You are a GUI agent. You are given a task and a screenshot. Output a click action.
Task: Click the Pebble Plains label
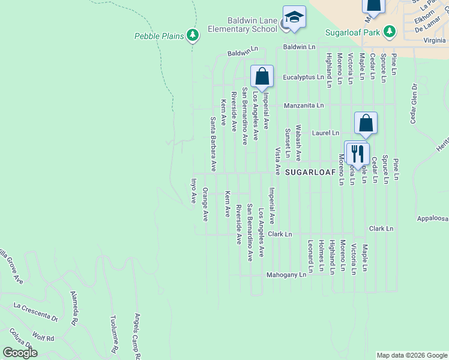(x=158, y=36)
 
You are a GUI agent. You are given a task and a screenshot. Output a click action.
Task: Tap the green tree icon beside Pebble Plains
(x=193, y=36)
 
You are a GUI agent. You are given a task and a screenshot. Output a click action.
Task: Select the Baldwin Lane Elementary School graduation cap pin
(x=294, y=18)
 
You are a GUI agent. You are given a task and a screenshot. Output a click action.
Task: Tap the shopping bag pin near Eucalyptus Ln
(x=262, y=77)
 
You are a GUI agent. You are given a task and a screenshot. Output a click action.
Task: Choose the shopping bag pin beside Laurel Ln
(x=366, y=124)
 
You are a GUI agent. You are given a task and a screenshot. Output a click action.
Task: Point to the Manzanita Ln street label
(x=304, y=105)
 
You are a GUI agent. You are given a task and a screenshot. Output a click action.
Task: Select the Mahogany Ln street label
(x=286, y=275)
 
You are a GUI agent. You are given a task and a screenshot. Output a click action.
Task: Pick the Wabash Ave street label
(x=298, y=145)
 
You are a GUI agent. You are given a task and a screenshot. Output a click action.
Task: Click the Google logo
(x=20, y=352)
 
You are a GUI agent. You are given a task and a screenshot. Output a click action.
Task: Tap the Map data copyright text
(x=412, y=355)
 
